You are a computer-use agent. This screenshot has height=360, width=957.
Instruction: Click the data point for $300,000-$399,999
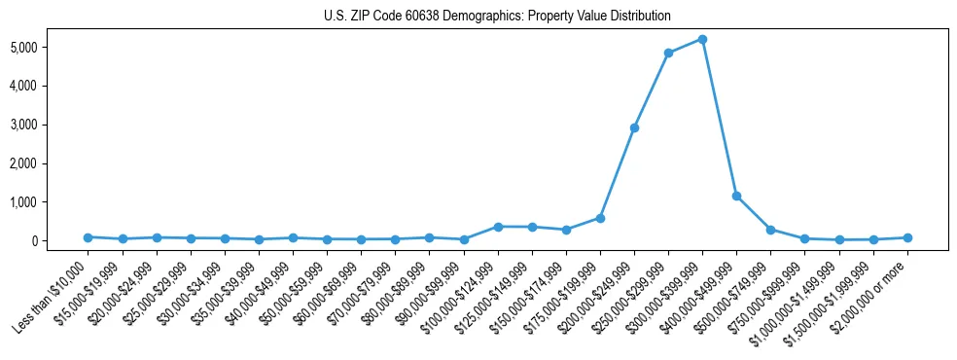pyautogui.click(x=702, y=39)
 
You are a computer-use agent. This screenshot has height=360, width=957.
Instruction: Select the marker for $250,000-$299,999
pyautogui.click(x=668, y=53)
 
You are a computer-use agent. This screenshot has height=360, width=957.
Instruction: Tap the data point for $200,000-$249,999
pyautogui.click(x=634, y=127)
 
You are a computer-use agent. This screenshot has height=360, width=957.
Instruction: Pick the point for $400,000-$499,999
pyautogui.click(x=736, y=196)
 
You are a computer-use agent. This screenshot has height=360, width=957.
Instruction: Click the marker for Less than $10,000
pyautogui.click(x=88, y=237)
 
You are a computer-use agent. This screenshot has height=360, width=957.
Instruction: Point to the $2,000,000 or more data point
pyautogui.click(x=907, y=237)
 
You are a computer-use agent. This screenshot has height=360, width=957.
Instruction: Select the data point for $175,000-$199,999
pyautogui.click(x=600, y=218)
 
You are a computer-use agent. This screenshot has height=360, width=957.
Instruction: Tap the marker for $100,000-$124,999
pyautogui.click(x=498, y=227)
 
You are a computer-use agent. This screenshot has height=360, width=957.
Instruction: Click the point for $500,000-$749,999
pyautogui.click(x=770, y=230)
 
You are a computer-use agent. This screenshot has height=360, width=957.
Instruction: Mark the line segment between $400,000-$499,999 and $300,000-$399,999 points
pyautogui.click(x=720, y=117)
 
